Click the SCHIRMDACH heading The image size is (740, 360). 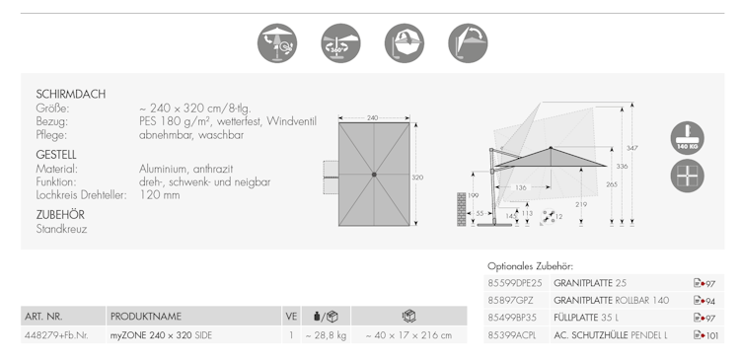tap(71, 94)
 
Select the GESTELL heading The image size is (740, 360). tap(56, 155)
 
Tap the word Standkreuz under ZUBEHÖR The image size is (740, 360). tap(61, 229)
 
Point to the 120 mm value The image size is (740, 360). tap(160, 195)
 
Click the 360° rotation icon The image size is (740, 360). tap(340, 43)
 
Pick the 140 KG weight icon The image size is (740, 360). tap(687, 138)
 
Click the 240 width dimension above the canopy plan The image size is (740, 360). tap(372, 118)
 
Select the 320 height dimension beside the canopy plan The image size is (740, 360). tap(417, 178)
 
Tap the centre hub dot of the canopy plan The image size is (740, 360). tap(374, 175)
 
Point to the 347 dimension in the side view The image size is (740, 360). tap(631, 148)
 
